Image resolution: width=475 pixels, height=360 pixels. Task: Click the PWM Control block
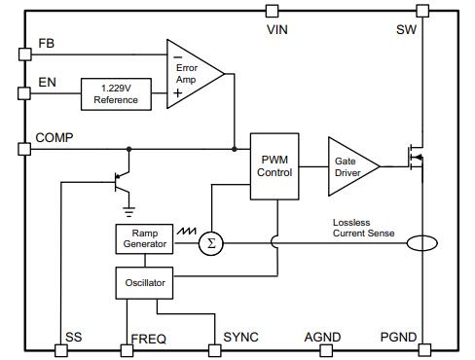[x=274, y=165]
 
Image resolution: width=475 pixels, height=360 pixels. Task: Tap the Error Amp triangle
[x=192, y=72]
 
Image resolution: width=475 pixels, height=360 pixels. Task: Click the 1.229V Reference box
[x=115, y=93]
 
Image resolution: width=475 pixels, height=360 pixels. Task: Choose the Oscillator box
[x=143, y=283]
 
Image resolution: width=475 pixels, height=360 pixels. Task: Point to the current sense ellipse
[x=421, y=243]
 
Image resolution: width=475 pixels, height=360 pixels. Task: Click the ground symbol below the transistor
[x=128, y=207]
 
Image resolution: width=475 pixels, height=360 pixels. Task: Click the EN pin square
[x=24, y=93]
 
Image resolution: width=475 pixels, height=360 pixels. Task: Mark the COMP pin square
[x=24, y=149]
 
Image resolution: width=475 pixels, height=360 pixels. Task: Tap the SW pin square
[x=421, y=12]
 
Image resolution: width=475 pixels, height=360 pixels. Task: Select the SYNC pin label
[x=241, y=338]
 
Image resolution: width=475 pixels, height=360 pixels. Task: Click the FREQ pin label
[x=148, y=339]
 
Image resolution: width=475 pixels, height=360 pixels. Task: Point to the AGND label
[x=322, y=338]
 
